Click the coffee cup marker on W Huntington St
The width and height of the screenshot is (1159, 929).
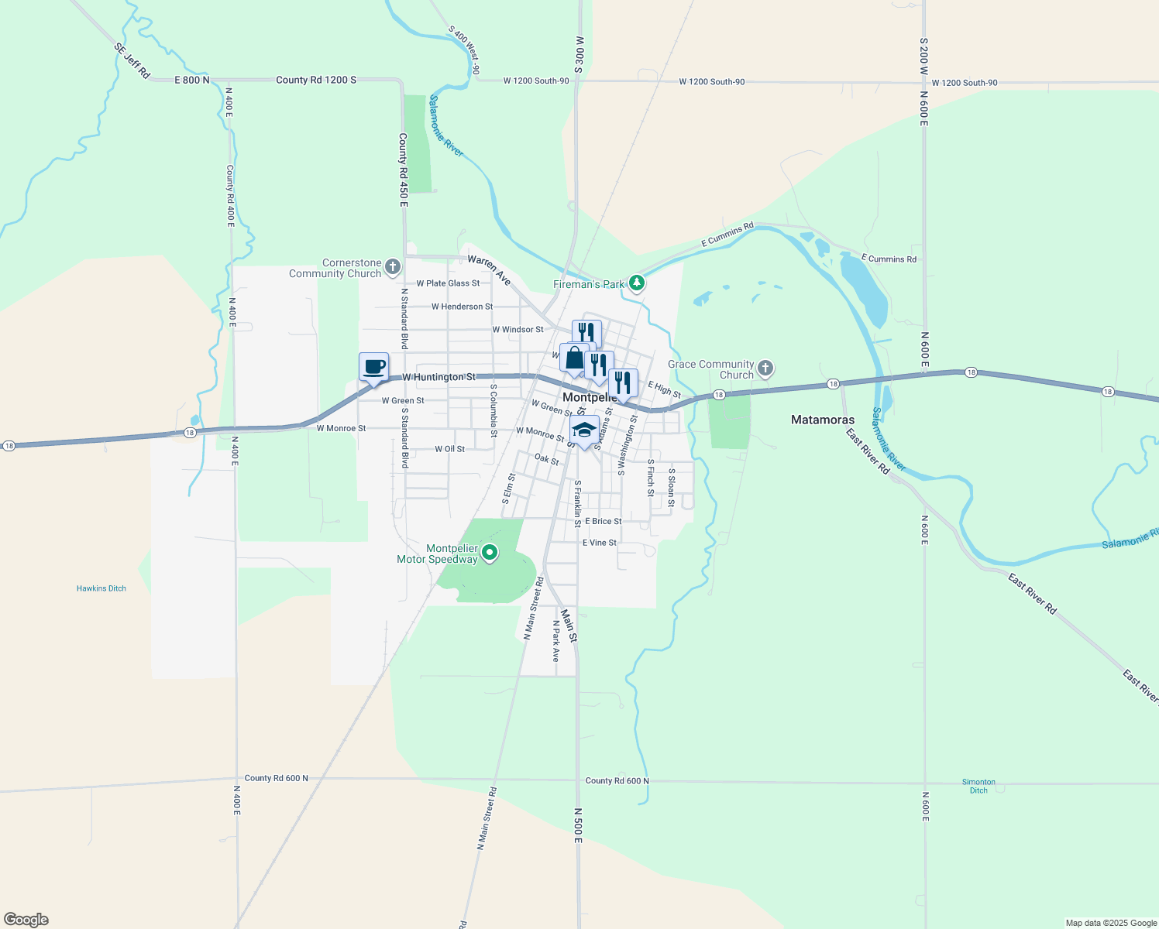(373, 367)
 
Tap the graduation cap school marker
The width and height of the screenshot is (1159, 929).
(583, 430)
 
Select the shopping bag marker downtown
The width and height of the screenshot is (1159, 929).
(574, 358)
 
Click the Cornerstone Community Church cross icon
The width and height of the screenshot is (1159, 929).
(393, 268)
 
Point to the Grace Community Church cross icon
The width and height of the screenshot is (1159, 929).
(765, 369)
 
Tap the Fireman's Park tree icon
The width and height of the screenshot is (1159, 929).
(637, 283)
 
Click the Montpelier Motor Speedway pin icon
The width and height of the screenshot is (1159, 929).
(490, 553)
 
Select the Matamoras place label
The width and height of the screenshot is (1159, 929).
(823, 420)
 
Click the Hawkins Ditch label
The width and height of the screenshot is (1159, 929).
(101, 588)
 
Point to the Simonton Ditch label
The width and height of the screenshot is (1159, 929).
(978, 786)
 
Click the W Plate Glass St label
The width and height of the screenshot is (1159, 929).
(448, 283)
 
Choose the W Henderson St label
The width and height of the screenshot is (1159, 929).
(462, 307)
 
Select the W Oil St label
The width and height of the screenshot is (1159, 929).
(450, 449)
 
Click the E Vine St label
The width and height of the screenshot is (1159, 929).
(600, 543)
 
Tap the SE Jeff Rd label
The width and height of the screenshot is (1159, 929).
(132, 60)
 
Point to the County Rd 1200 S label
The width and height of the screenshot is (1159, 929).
(316, 80)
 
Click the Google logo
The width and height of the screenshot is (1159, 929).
(26, 920)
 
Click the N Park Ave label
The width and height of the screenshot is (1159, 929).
(555, 640)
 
